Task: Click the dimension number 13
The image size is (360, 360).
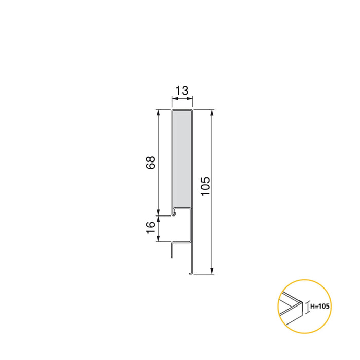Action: pos(182,91)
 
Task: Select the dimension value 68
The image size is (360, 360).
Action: pos(150,164)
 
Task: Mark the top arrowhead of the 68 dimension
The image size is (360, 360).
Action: pos(159,112)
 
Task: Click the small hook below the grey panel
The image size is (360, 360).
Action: pos(175,211)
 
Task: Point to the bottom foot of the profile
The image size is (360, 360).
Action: pos(191,273)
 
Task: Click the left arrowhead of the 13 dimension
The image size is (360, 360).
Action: pos(173,100)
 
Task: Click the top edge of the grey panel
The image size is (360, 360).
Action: pos(182,110)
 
